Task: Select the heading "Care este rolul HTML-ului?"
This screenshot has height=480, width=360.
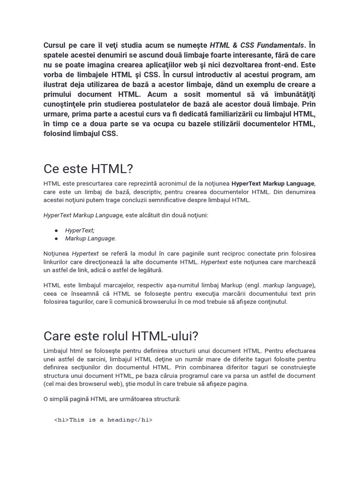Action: pyautogui.click(x=121, y=336)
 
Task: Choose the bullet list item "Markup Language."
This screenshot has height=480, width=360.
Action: pyautogui.click(x=90, y=238)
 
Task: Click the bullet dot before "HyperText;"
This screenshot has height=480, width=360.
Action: pyautogui.click(x=56, y=230)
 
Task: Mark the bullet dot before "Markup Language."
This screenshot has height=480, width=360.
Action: pyautogui.click(x=56, y=238)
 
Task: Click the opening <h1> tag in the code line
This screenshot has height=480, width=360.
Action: pyautogui.click(x=61, y=420)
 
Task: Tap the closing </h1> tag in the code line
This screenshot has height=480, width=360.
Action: pyautogui.click(x=143, y=420)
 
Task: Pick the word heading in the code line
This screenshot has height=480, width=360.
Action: pyautogui.click(x=119, y=420)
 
